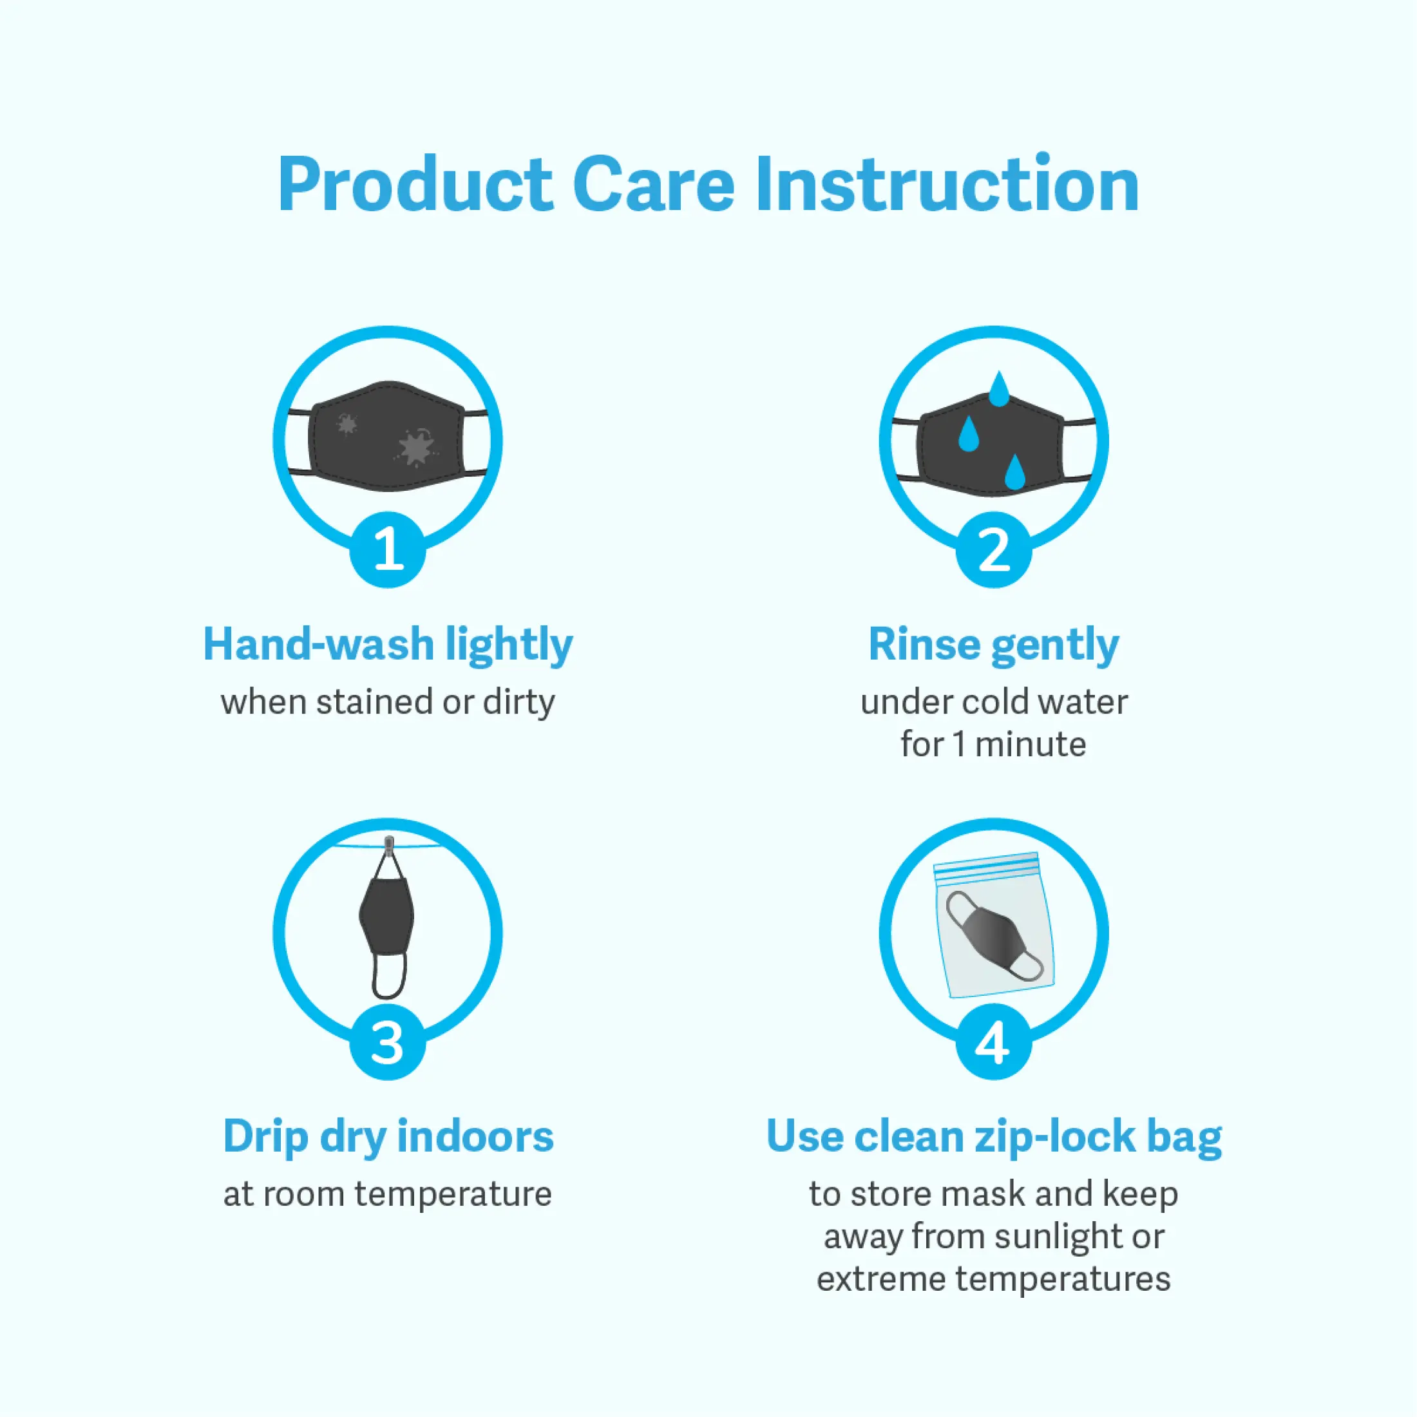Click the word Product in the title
(415, 186)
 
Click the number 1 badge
(387, 549)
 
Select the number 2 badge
(994, 549)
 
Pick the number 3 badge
(387, 1041)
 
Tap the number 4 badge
(994, 1041)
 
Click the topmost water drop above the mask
(998, 389)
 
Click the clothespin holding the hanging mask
(389, 845)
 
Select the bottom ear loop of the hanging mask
(389, 975)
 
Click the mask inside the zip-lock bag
(994, 935)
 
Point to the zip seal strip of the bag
(985, 866)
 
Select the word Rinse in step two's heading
(924, 645)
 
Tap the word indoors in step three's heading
(475, 1137)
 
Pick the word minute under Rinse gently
(1031, 745)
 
